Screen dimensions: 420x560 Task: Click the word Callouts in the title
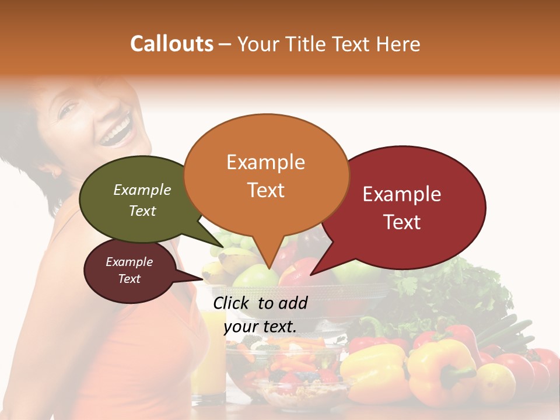coord(171,44)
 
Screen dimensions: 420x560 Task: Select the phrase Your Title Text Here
coord(328,44)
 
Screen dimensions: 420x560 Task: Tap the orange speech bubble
coord(266,175)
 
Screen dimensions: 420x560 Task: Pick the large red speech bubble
coord(408,207)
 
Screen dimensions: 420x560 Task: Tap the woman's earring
coord(57,173)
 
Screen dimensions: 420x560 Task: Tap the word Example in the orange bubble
coord(266,162)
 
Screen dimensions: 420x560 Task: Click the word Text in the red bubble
coord(402,222)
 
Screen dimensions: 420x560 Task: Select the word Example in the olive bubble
coord(142,190)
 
